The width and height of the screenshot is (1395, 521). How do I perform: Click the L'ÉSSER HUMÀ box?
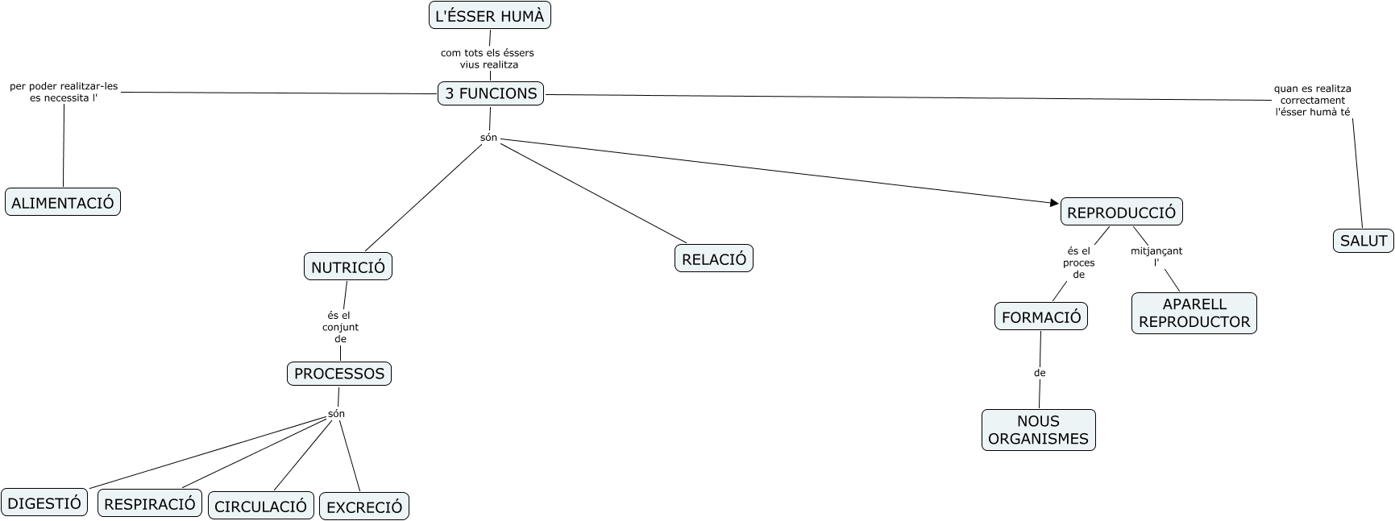pyautogui.click(x=490, y=15)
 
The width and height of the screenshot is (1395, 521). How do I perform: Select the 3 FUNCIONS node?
pyautogui.click(x=491, y=93)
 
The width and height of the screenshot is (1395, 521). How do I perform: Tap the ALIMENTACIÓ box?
pyautogui.click(x=63, y=202)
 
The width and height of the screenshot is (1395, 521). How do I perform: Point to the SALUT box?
pyautogui.click(x=1364, y=240)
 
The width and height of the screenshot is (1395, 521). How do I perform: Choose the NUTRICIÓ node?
pyautogui.click(x=348, y=267)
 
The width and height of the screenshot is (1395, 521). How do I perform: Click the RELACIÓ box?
pyautogui.click(x=714, y=258)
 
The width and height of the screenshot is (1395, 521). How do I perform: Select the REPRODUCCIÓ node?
pyautogui.click(x=1121, y=213)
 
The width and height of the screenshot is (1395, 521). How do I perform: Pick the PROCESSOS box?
pyautogui.click(x=339, y=374)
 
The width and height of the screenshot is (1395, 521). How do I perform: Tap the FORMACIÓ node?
pyautogui.click(x=1041, y=316)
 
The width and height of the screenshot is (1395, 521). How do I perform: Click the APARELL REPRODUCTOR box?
pyautogui.click(x=1194, y=313)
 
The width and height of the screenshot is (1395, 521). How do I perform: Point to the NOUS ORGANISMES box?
pyautogui.click(x=1039, y=430)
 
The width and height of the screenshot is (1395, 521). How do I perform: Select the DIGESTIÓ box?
pyautogui.click(x=44, y=503)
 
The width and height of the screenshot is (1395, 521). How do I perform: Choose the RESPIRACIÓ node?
pyautogui.click(x=150, y=503)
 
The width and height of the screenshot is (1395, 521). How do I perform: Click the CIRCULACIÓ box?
pyautogui.click(x=261, y=506)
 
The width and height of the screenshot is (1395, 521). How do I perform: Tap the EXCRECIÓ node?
pyautogui.click(x=364, y=507)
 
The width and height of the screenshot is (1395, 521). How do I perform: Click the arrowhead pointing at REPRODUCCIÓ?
pyautogui.click(x=1054, y=203)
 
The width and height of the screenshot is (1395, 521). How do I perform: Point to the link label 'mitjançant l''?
pyautogui.click(x=1156, y=256)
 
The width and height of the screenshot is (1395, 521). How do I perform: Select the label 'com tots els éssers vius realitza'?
pyautogui.click(x=488, y=59)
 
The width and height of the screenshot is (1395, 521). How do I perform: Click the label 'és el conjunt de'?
pyautogui.click(x=340, y=327)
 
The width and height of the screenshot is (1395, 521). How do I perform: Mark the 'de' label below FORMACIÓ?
pyautogui.click(x=1040, y=373)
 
